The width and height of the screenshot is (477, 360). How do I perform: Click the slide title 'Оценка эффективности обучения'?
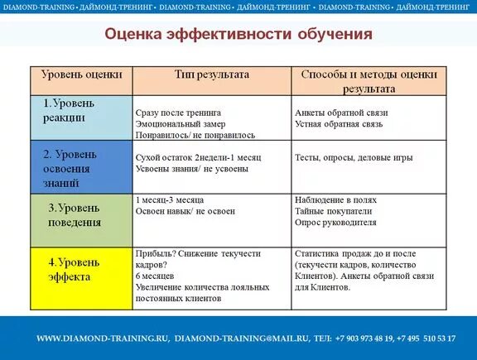238,35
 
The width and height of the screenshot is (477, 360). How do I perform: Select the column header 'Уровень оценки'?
81,74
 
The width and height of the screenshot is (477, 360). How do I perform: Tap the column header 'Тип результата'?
211,74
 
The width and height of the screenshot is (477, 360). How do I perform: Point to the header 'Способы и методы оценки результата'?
369,80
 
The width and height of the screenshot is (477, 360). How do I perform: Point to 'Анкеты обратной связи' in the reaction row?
341,112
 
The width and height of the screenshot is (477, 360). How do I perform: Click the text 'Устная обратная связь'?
340,123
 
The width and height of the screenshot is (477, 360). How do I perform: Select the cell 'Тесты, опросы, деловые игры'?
353,156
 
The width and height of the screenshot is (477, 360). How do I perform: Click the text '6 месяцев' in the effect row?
156,276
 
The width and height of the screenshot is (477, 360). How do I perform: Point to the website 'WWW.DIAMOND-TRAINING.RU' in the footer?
103,338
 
